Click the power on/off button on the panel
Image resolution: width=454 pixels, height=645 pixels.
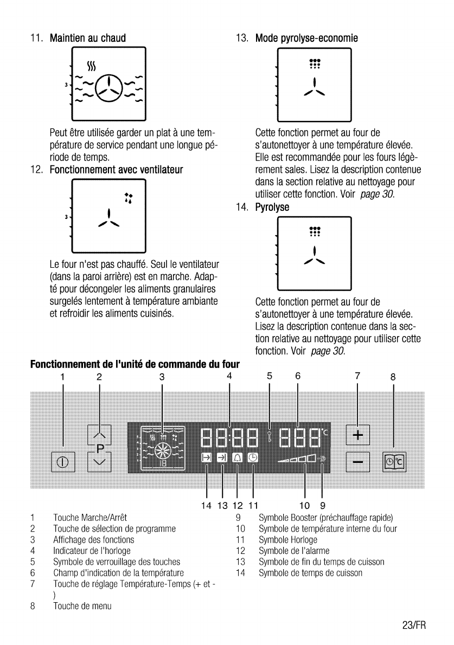[63, 462]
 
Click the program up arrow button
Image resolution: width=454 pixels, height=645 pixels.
[99, 435]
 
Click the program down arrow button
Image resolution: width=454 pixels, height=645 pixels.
[99, 462]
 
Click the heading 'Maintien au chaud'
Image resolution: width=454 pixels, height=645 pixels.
[88, 38]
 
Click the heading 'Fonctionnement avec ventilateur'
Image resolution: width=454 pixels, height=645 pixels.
[116, 170]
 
